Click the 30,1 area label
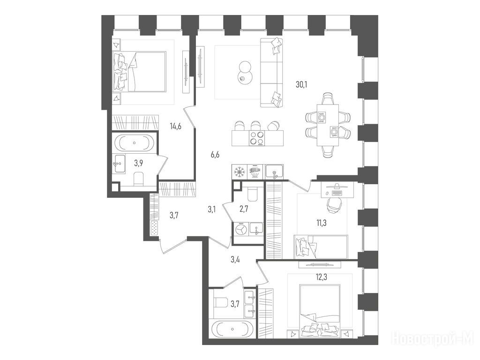[301, 84]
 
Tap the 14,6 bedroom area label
[176, 126]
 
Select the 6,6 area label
[215, 155]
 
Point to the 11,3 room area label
[322, 223]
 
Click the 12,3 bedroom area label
[322, 277]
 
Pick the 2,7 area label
[244, 210]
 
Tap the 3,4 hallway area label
[235, 260]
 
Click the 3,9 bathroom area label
[139, 163]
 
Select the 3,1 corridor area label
[212, 210]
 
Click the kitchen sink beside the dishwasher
[274, 171]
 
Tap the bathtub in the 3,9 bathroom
[135, 142]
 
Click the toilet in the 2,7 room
[253, 194]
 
